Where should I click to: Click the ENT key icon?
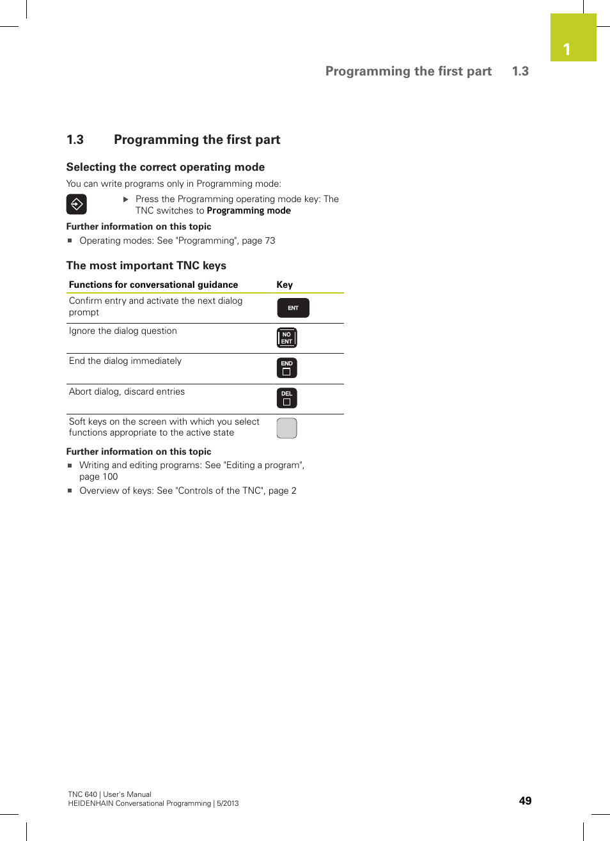[293, 308]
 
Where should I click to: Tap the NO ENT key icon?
[286, 338]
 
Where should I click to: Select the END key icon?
[286, 368]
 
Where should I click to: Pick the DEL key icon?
[286, 398]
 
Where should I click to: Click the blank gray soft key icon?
[286, 428]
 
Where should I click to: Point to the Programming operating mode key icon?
[76, 205]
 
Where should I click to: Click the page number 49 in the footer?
[525, 801]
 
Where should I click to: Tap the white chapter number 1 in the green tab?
[567, 49]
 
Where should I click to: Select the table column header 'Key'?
[285, 285]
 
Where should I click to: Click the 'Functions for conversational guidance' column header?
[153, 285]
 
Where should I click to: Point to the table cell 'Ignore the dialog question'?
[123, 331]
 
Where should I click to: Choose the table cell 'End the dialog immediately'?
[125, 361]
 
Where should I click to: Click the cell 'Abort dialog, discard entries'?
[127, 391]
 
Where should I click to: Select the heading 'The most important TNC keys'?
[146, 265]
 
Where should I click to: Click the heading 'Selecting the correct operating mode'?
[166, 167]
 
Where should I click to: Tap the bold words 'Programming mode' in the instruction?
[249, 210]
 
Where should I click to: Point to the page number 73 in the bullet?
[270, 240]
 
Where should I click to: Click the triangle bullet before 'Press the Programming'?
[126, 200]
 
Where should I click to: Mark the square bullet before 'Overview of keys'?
[70, 491]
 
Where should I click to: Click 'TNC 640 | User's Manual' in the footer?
[109, 794]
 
